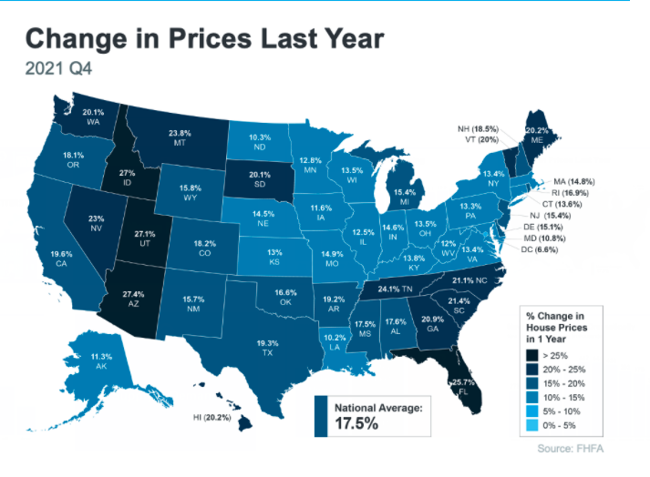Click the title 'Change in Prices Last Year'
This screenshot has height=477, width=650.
(205, 39)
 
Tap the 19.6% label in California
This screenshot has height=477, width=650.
(61, 254)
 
